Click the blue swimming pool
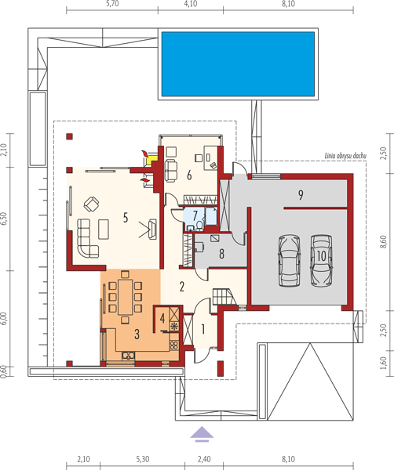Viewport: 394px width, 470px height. coord(238,64)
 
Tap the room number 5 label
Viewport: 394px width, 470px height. coord(126,218)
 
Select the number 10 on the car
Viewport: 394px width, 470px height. coord(321,256)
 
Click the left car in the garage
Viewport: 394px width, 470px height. coord(289,261)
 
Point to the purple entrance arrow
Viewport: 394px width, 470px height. coord(202,434)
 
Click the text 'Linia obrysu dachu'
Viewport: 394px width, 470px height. coord(345,156)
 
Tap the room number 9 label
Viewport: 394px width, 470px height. coord(301,195)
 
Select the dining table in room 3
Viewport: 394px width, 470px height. coord(125,296)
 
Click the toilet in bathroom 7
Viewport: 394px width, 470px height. coord(199,226)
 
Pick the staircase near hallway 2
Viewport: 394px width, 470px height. coord(223,296)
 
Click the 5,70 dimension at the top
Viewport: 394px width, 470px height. coord(112,4)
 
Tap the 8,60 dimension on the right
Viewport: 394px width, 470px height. coord(383,242)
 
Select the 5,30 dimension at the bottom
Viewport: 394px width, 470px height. coord(142,459)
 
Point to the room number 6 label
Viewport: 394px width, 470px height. coord(189,175)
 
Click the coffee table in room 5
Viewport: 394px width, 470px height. coord(104,229)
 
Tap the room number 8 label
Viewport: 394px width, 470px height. coord(221,254)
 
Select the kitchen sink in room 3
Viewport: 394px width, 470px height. coord(128,356)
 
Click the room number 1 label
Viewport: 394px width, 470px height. coord(203,330)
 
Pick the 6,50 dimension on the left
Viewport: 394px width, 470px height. coord(3,219)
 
